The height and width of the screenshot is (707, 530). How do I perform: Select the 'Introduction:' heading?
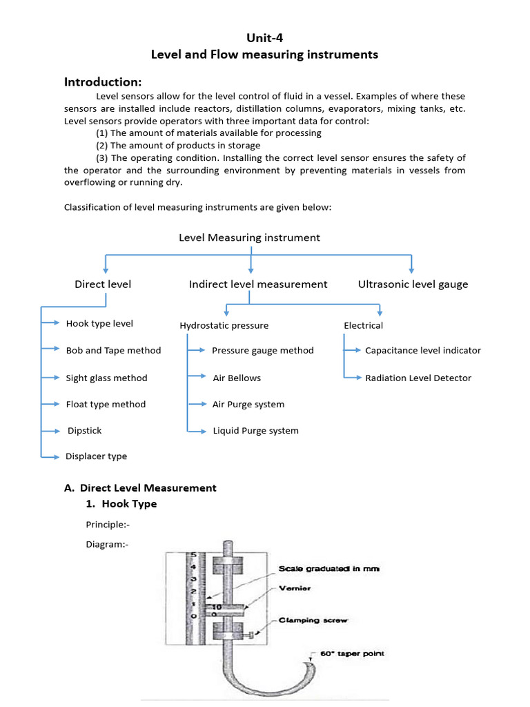click(x=103, y=82)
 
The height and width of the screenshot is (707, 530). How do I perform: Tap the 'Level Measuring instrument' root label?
click(x=249, y=238)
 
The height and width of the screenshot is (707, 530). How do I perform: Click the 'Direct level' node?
click(x=103, y=284)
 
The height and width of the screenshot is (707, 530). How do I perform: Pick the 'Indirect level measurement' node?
click(x=258, y=284)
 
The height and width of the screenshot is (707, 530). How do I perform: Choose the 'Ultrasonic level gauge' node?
click(x=413, y=284)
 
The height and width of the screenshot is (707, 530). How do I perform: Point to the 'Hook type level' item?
click(x=99, y=324)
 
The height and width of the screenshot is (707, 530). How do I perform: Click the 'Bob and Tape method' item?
click(x=113, y=351)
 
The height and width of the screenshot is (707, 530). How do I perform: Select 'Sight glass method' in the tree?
click(x=106, y=378)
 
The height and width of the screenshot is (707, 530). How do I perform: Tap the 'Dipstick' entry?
click(x=84, y=431)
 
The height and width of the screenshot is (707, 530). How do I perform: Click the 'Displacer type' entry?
click(x=96, y=456)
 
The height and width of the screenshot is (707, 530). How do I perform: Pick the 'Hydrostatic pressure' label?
click(x=224, y=326)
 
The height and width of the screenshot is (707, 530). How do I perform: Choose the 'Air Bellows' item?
click(x=237, y=378)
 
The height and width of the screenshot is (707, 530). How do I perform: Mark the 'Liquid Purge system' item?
click(x=255, y=431)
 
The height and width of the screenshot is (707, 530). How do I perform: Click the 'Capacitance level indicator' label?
click(x=423, y=351)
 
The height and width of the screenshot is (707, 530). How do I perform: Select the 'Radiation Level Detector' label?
click(x=418, y=378)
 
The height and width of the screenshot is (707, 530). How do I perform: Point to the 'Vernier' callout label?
click(x=295, y=589)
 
